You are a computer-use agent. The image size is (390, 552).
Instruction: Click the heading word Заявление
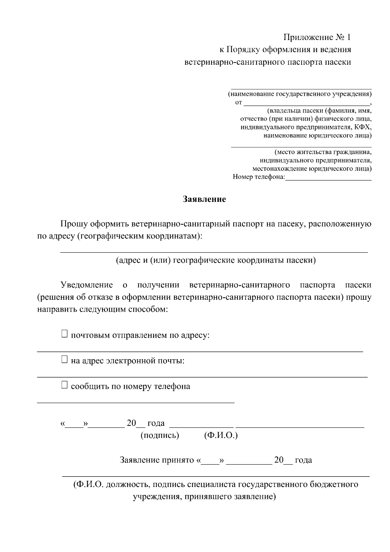pos(204,199)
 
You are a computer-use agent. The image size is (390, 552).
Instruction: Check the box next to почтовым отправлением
pos(64,334)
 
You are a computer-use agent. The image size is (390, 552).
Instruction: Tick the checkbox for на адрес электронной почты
pos(64,360)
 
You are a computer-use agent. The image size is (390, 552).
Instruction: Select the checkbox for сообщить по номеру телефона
pos(64,385)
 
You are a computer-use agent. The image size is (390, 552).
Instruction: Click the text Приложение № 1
pos(317,37)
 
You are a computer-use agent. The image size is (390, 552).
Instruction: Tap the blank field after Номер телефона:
pos(328,177)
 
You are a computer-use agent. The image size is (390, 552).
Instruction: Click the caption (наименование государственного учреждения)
pos(300,94)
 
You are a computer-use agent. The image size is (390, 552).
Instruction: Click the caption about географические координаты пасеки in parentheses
pos(216,260)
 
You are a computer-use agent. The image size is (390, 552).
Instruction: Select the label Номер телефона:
pos(259,177)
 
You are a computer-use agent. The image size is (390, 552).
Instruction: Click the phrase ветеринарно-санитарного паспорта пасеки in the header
pos(267,62)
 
